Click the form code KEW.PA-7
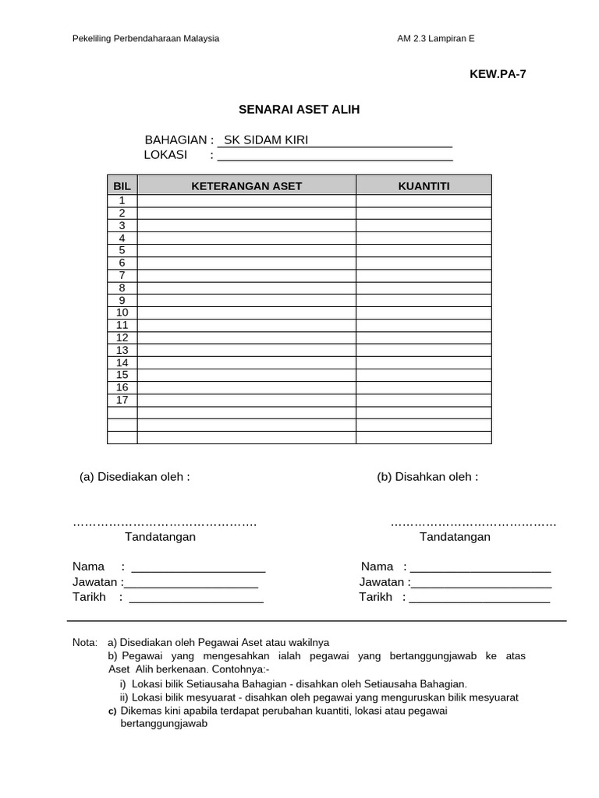(x=492, y=74)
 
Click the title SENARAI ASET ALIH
(x=299, y=111)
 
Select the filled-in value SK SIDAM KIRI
(x=266, y=140)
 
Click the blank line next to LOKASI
(x=335, y=156)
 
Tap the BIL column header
(x=122, y=185)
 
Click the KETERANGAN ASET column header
(x=246, y=185)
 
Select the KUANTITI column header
(x=424, y=185)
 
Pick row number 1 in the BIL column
(x=122, y=201)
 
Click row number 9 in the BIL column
(x=122, y=301)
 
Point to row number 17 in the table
(x=122, y=400)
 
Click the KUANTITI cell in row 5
(x=424, y=251)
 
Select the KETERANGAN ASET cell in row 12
(x=246, y=337)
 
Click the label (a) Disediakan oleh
(x=135, y=477)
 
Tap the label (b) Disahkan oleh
(x=427, y=477)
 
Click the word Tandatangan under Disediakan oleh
(x=160, y=537)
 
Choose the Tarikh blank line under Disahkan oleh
(x=479, y=599)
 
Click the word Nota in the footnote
(x=84, y=643)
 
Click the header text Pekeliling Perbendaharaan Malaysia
(x=146, y=38)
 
